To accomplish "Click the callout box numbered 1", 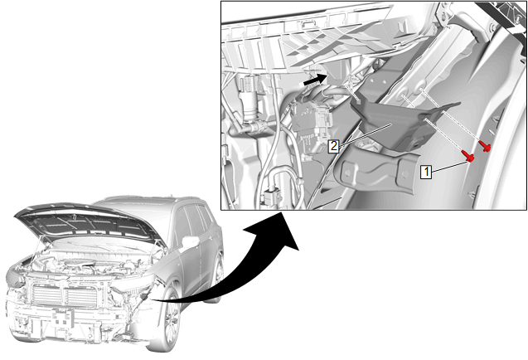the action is click(426, 172).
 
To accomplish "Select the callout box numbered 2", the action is click(333, 146).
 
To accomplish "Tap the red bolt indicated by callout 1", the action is click(469, 156).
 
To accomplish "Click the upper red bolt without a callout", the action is click(485, 146).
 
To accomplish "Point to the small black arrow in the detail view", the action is click(316, 80).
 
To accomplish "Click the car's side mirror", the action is click(191, 242).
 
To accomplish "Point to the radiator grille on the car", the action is click(65, 295).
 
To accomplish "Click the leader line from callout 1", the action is click(449, 167).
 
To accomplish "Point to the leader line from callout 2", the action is click(365, 135).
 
